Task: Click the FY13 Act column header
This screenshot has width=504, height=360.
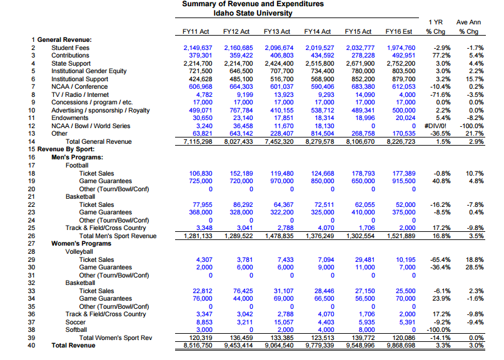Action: click(x=277, y=31)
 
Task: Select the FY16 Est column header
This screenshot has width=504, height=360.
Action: click(x=398, y=31)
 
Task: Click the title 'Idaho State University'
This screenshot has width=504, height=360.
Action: click(x=253, y=13)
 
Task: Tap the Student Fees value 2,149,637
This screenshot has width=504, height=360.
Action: click(x=198, y=48)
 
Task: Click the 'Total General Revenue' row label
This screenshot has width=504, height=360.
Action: click(x=99, y=142)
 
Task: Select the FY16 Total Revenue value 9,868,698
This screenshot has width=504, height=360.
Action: click(x=401, y=346)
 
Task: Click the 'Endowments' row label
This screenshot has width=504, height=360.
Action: click(x=70, y=118)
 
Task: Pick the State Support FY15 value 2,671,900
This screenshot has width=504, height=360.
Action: click(x=360, y=64)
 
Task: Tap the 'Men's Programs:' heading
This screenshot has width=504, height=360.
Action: click(x=77, y=157)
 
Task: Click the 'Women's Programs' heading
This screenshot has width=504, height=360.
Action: click(x=81, y=243)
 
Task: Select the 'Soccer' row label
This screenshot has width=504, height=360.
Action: click(x=76, y=322)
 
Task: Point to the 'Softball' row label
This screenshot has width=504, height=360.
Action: click(x=76, y=330)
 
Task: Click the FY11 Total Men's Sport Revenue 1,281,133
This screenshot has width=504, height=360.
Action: click(x=198, y=236)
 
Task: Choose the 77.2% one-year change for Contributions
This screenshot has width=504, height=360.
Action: click(x=441, y=56)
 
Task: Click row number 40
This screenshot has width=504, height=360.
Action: click(x=31, y=346)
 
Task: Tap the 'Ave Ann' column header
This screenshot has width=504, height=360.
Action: click(x=468, y=22)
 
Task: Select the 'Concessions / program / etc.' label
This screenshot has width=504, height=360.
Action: click(x=92, y=102)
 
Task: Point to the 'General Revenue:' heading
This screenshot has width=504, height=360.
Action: click(x=64, y=40)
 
